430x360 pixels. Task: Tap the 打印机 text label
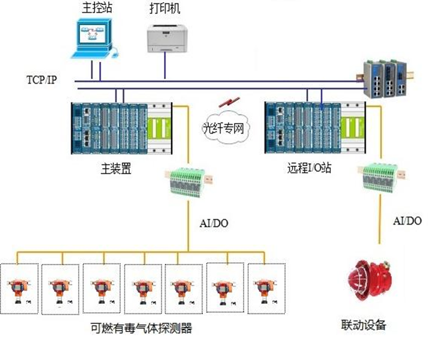[164, 10]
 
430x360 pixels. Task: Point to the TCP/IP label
[41, 80]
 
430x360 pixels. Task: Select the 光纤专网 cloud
[227, 128]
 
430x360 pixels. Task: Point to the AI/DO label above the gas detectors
[214, 223]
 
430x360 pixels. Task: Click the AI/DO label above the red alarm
[407, 221]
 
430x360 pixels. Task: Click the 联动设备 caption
[364, 324]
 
